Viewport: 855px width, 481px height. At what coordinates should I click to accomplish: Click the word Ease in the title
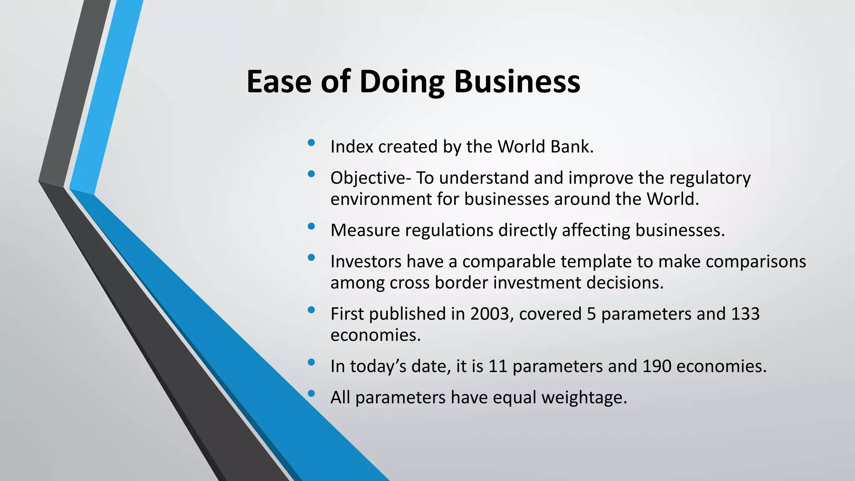[x=279, y=81]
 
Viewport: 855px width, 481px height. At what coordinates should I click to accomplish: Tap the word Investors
[x=366, y=262]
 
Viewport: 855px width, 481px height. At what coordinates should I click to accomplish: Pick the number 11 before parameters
[x=498, y=367]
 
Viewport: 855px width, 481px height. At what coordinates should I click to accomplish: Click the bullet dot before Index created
[x=311, y=143]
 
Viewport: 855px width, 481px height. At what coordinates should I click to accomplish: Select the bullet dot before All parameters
[x=311, y=393]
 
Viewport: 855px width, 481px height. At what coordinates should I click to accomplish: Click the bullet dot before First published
[x=311, y=310]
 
